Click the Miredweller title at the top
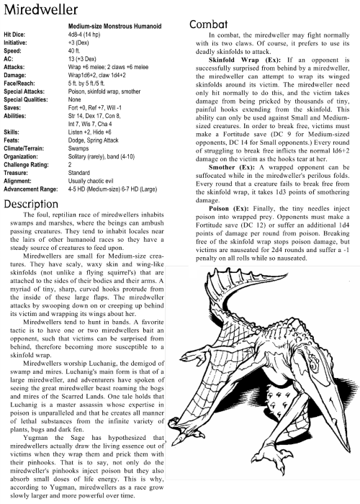[40, 10]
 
